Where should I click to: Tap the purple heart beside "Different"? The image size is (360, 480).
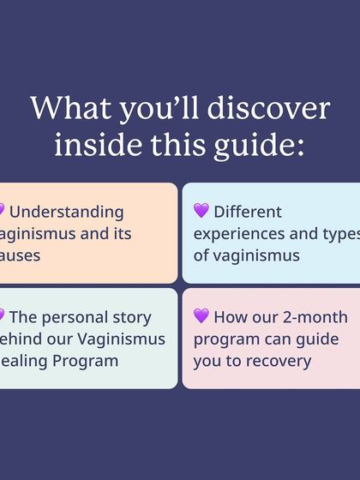[201, 211]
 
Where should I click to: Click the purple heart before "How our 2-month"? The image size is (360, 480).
[201, 316]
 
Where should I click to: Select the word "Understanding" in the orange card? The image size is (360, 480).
[67, 212]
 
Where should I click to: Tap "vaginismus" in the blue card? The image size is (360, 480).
[260, 255]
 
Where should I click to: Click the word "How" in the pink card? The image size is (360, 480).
[229, 317]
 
